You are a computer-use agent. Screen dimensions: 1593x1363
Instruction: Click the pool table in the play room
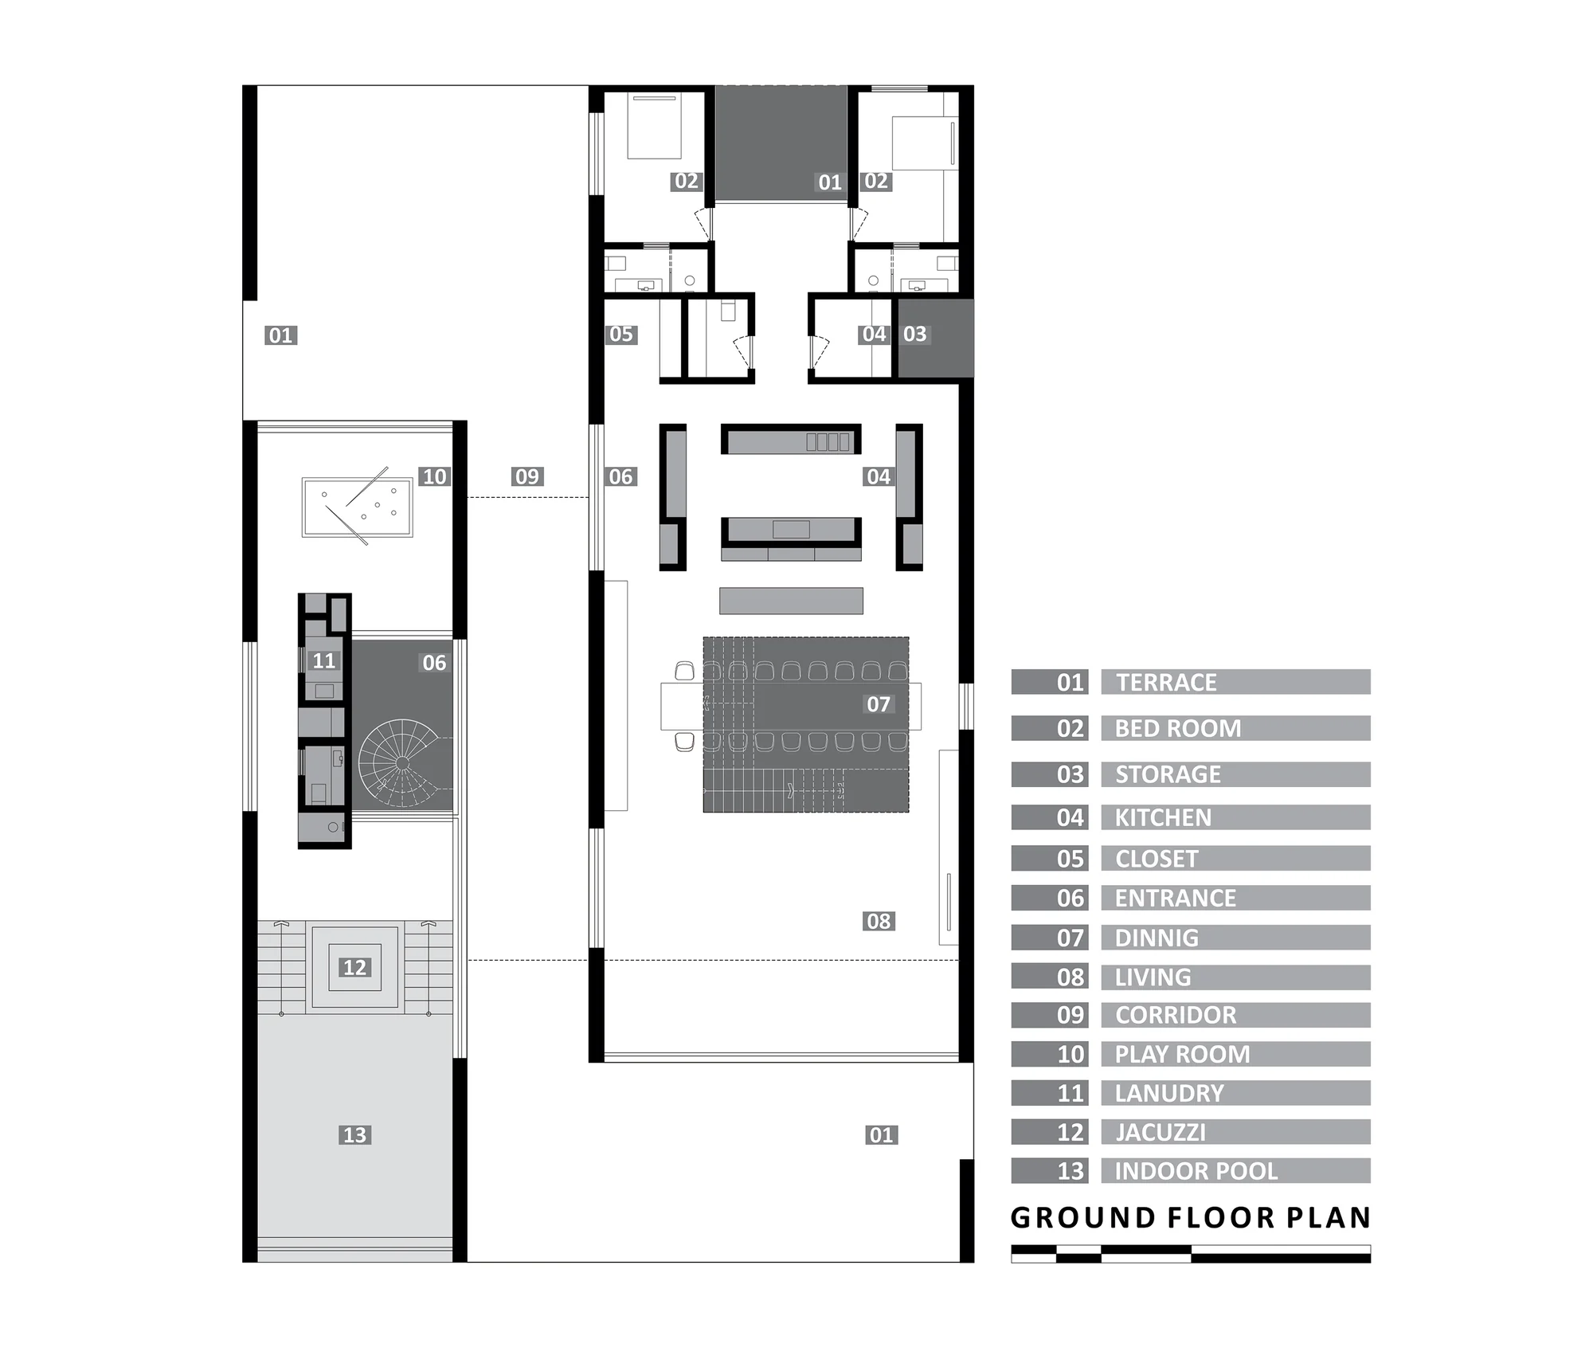pyautogui.click(x=357, y=507)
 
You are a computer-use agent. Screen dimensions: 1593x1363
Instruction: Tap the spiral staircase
pyautogui.click(x=403, y=763)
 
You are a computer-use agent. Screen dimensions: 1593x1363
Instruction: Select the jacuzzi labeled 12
pyautogui.click(x=354, y=967)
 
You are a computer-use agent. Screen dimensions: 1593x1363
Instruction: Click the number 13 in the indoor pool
pyautogui.click(x=354, y=1134)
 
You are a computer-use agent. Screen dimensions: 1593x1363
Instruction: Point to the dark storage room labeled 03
pyautogui.click(x=936, y=338)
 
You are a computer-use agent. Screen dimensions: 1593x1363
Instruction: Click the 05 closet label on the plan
pyautogui.click(x=620, y=334)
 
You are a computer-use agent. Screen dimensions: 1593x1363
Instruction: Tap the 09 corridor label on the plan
pyautogui.click(x=527, y=476)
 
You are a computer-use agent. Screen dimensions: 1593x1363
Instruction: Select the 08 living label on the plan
pyautogui.click(x=879, y=921)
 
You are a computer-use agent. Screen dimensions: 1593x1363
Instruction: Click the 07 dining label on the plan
pyautogui.click(x=879, y=704)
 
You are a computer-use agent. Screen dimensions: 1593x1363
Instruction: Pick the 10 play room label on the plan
pyautogui.click(x=434, y=476)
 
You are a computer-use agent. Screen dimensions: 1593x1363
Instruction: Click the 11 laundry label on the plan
pyautogui.click(x=323, y=660)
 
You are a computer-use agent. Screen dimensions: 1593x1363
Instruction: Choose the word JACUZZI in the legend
pyautogui.click(x=1161, y=1132)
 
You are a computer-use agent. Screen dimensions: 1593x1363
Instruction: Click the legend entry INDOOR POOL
pyautogui.click(x=1196, y=1171)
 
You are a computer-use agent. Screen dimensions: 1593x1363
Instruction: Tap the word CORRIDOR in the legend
pyautogui.click(x=1176, y=1015)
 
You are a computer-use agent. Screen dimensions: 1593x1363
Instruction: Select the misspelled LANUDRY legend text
pyautogui.click(x=1169, y=1093)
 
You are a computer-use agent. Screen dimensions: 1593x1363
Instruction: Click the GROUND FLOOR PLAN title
pyautogui.click(x=1191, y=1218)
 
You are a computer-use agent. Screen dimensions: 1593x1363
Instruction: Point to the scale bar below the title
pyautogui.click(x=1191, y=1254)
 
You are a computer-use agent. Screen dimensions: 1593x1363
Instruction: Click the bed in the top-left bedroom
pyautogui.click(x=655, y=126)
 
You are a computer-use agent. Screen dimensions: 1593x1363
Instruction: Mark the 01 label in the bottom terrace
pyautogui.click(x=881, y=1134)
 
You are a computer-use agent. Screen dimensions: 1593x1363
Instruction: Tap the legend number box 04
pyautogui.click(x=1050, y=817)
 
